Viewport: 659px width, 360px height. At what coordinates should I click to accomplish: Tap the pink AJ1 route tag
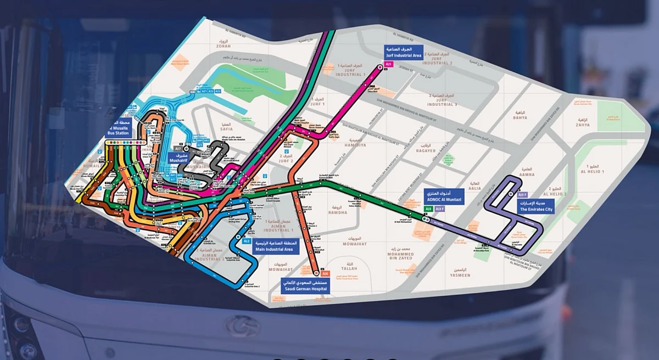click(389, 64)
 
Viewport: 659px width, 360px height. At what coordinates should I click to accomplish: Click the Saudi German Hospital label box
click(305, 285)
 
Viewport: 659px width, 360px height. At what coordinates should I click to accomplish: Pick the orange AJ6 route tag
click(325, 273)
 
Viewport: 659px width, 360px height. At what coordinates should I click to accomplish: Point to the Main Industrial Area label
click(273, 246)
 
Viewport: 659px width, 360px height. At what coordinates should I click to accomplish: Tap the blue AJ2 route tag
click(247, 241)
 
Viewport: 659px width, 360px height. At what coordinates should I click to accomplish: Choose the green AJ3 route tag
click(428, 209)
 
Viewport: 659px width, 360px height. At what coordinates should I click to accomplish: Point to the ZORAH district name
click(224, 46)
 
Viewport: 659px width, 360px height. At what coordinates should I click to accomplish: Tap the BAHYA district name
click(520, 117)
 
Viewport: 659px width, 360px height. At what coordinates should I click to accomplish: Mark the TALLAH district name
click(349, 268)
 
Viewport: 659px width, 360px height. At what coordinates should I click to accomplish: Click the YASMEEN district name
click(460, 275)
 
